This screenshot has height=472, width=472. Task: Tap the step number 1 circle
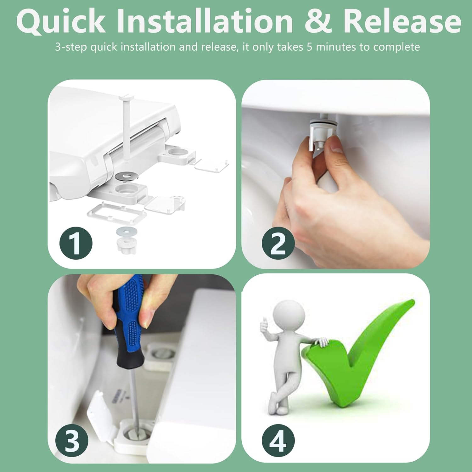tap(76, 243)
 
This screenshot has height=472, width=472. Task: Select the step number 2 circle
tap(278, 243)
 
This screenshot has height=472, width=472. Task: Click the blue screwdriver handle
tap(129, 318)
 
